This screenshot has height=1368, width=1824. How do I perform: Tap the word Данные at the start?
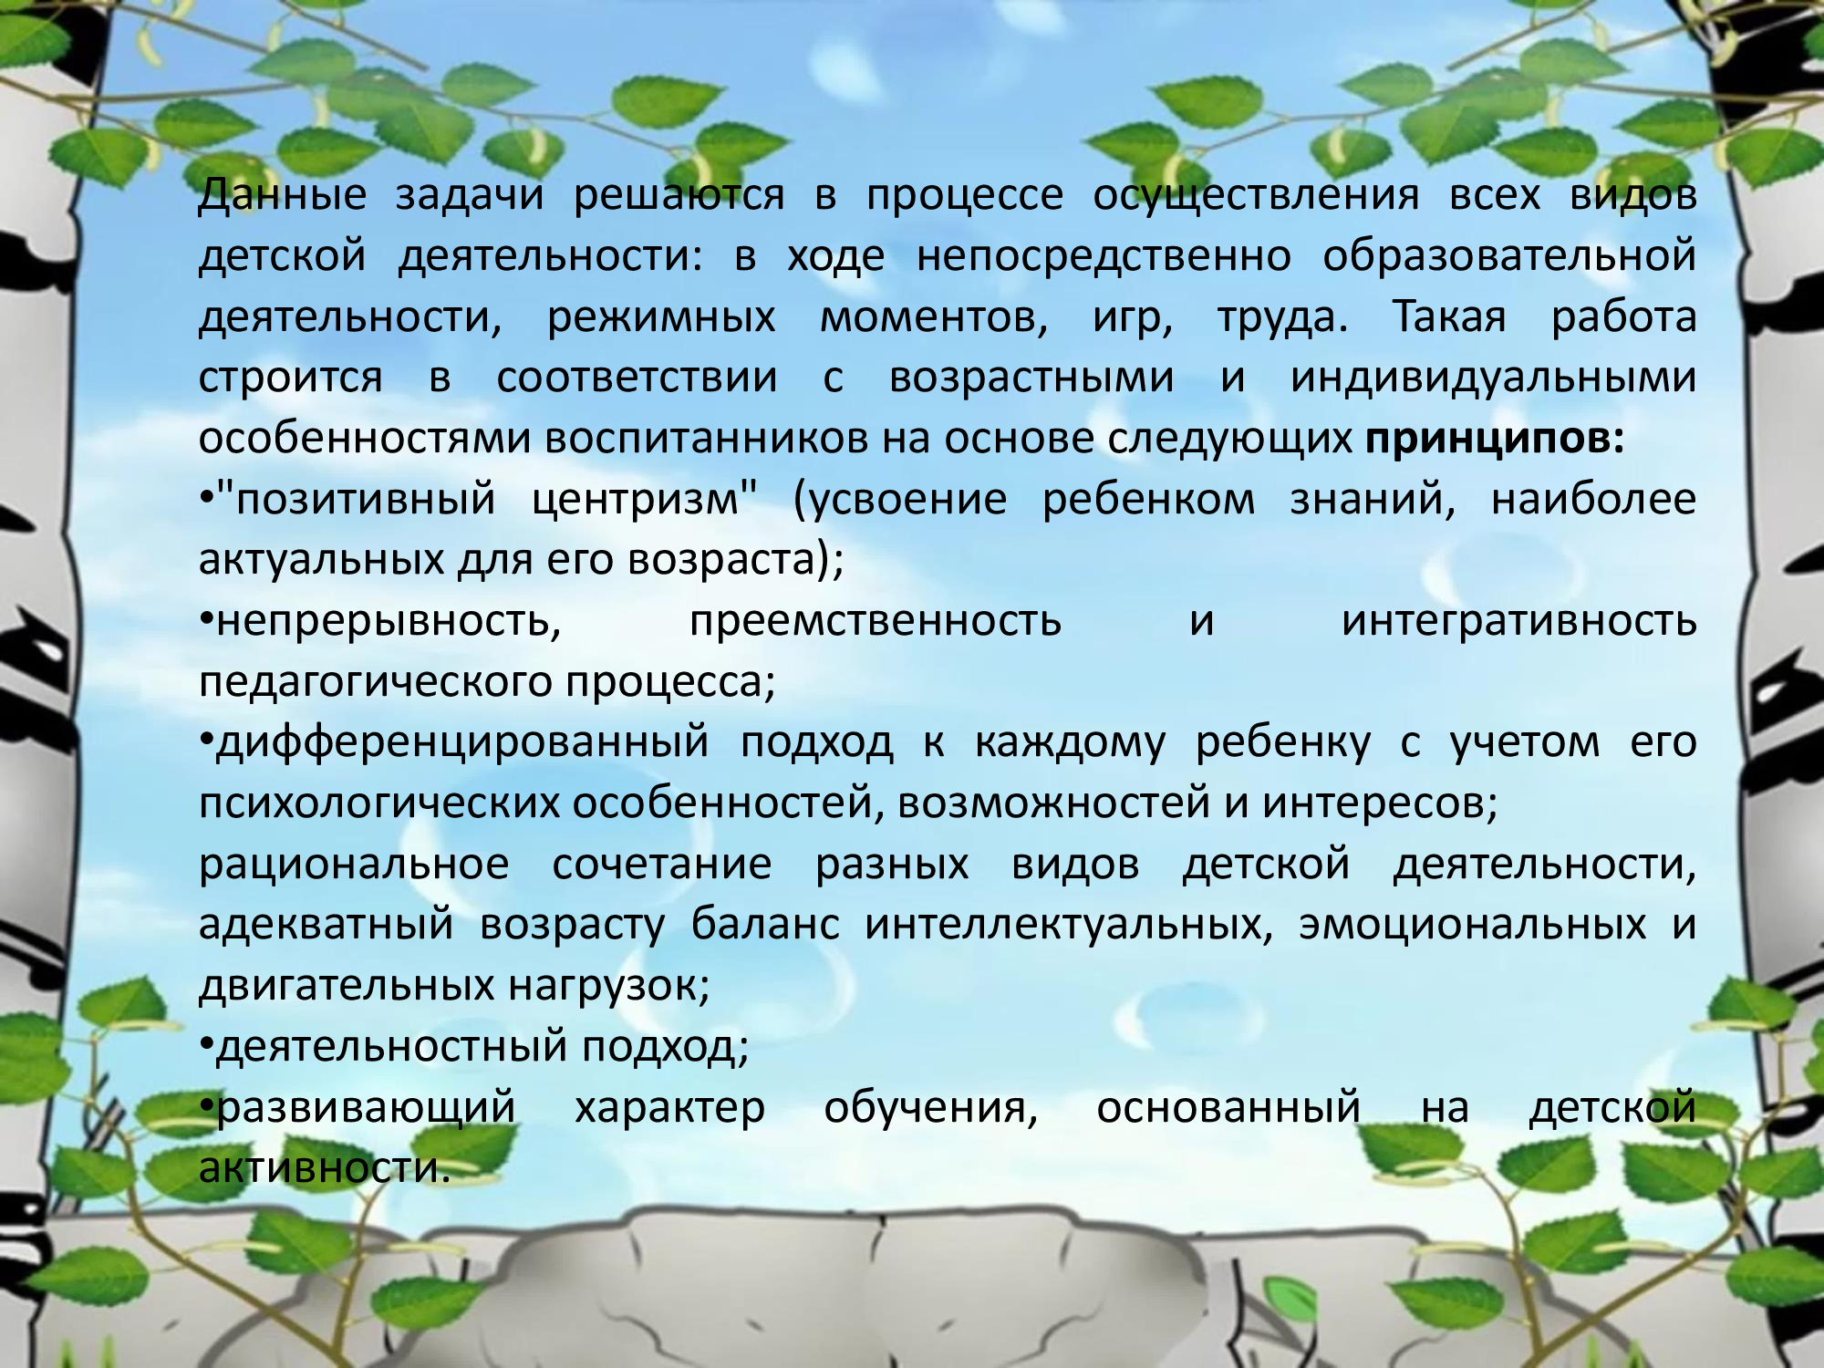tap(283, 195)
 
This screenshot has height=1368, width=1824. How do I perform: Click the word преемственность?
tap(876, 621)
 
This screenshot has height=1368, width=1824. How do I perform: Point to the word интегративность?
tap(1519, 621)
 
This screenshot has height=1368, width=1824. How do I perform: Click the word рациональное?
tap(354, 864)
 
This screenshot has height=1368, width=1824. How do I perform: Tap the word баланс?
tap(765, 924)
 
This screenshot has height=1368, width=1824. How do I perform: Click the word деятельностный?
tap(391, 1046)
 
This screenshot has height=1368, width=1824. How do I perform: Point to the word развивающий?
tap(366, 1107)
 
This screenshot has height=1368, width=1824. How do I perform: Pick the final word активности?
tap(325, 1167)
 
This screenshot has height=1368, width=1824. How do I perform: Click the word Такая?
tap(1449, 316)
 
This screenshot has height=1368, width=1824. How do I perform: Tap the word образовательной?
tap(1509, 256)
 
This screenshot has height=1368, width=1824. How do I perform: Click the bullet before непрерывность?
tap(206, 619)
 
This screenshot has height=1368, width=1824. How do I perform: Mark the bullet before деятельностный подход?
tap(206, 1044)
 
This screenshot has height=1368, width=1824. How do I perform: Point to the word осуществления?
tap(1256, 195)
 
